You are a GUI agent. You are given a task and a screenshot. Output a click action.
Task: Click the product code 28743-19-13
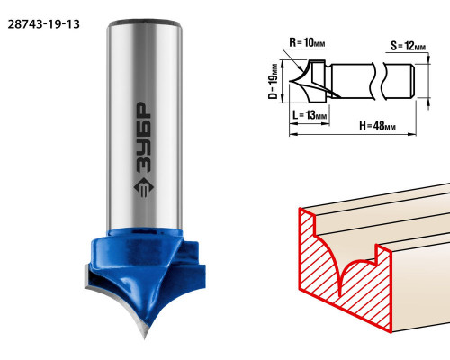[x=44, y=24]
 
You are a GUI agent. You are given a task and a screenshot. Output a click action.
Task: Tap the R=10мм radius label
[x=307, y=42]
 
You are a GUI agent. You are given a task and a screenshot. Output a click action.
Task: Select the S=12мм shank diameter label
[x=408, y=46]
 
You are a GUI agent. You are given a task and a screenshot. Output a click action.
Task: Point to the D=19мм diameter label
[x=273, y=81]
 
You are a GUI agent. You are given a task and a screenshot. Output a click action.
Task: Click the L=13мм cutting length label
[x=310, y=115]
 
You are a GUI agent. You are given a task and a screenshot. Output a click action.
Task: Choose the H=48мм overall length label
[x=377, y=126]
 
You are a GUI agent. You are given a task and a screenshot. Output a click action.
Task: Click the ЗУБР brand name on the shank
[x=144, y=138]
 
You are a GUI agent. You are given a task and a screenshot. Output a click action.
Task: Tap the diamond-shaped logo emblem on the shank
[x=144, y=187]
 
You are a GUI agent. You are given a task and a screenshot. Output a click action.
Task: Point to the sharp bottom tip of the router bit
[x=145, y=338]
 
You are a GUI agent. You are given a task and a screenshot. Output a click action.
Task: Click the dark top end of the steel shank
[x=145, y=22]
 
